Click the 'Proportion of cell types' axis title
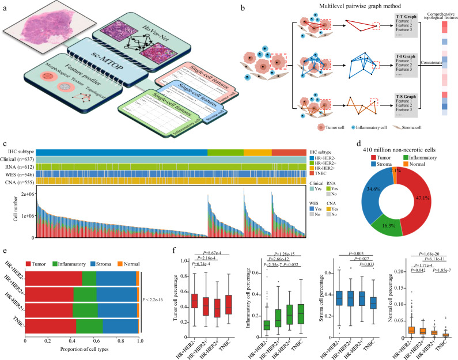click(81, 351)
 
